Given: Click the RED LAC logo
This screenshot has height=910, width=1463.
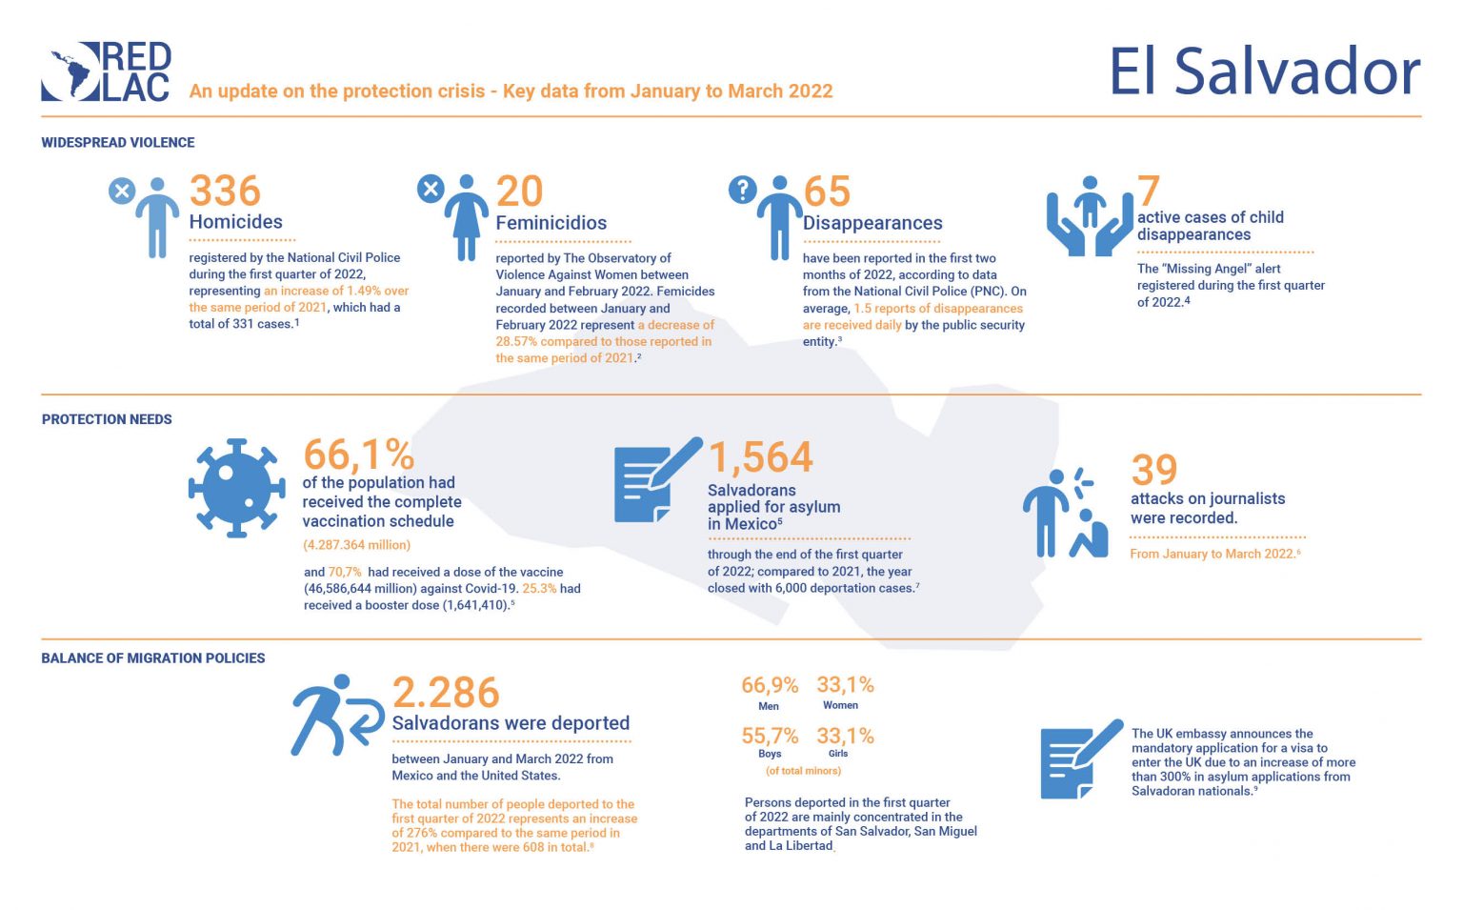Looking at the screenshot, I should tap(107, 71).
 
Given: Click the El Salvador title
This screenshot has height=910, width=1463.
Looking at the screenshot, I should tap(1264, 72).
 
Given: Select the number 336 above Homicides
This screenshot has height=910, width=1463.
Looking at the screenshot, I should tap(225, 191).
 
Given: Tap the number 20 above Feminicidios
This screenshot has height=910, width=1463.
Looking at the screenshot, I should tap(519, 192).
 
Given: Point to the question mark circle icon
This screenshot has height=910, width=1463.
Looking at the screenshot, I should tap(742, 190).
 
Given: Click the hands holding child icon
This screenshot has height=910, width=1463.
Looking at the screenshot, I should tap(1090, 216).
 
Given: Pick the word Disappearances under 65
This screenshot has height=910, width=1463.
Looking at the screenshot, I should tap(872, 223).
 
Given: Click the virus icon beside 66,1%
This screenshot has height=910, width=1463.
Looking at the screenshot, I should tap(237, 488).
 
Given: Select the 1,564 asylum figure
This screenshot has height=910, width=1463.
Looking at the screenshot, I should tap(760, 457).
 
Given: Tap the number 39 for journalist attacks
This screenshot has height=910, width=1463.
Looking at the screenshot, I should tap(1154, 470).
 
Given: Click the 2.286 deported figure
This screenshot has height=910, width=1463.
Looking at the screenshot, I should tap(446, 693).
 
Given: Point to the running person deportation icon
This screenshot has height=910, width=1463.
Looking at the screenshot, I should tap(335, 715).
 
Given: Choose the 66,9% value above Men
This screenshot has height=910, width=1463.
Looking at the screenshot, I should tap(770, 685).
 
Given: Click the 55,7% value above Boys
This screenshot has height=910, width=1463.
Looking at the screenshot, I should tap(770, 736).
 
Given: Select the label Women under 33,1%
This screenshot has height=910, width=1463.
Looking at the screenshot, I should tap(840, 705).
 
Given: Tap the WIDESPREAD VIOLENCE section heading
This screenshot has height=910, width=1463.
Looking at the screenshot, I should tap(118, 143).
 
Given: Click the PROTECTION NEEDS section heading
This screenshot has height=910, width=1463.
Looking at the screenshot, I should tap(107, 419).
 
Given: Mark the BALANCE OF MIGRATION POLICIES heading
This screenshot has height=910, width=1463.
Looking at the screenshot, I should tap(153, 658).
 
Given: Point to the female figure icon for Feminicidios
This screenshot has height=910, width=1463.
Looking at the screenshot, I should tap(466, 217).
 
